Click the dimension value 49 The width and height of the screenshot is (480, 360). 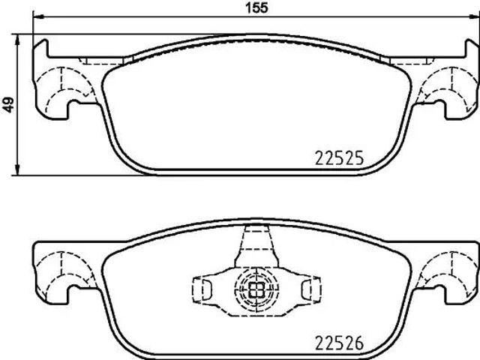8,105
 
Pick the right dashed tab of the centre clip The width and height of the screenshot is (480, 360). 308,288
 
